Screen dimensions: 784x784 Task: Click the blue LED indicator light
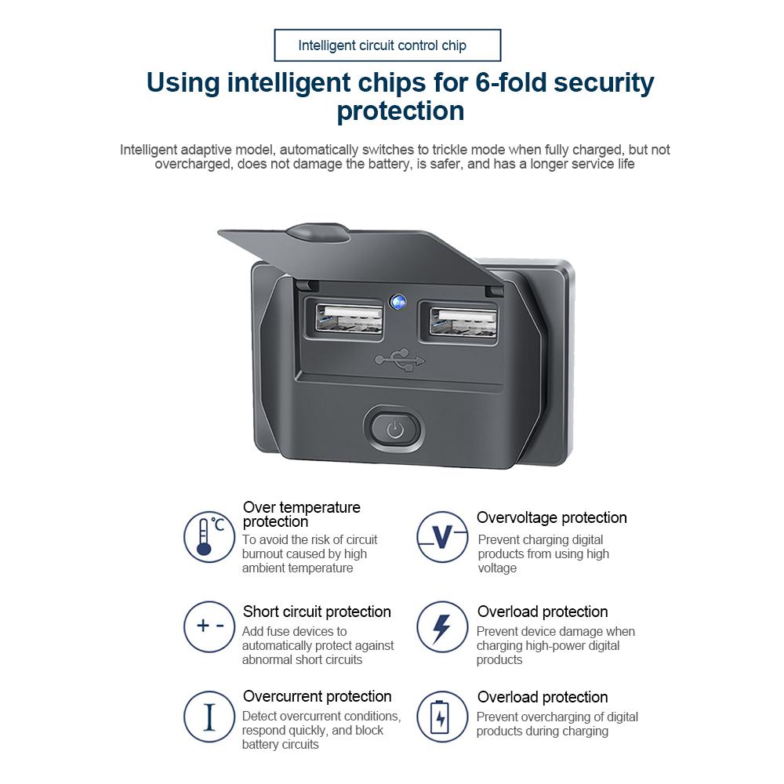[x=398, y=302]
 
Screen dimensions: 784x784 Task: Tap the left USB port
[x=349, y=319]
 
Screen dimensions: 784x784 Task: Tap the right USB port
[x=463, y=321]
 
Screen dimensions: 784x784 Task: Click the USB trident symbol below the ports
[x=400, y=360]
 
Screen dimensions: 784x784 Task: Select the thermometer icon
[x=209, y=536]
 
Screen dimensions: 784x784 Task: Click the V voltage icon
[x=442, y=536]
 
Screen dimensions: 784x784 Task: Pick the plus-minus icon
[x=209, y=626]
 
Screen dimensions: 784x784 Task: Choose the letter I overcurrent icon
[x=209, y=717]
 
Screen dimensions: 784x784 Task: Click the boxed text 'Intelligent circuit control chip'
[x=382, y=45]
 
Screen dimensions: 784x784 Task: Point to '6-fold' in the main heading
[x=510, y=82]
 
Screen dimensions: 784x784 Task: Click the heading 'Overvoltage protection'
[x=551, y=517]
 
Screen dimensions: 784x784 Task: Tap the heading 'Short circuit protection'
[x=317, y=612]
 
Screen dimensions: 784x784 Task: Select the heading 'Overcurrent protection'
[x=317, y=696]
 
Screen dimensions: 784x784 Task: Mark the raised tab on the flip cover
[x=318, y=233]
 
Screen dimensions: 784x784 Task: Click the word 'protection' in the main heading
[x=401, y=111]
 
